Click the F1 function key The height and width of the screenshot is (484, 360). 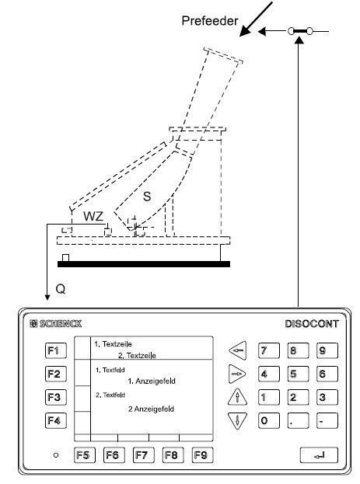click(x=56, y=350)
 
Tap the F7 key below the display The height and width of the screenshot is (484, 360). click(x=143, y=455)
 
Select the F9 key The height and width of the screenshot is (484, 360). click(x=202, y=455)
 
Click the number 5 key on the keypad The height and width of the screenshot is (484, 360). click(x=298, y=374)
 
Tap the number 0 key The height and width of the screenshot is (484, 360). click(x=269, y=420)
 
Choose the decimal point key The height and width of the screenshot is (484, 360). click(x=298, y=420)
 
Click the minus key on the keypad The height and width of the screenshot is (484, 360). click(x=327, y=420)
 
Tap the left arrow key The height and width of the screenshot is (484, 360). click(x=238, y=350)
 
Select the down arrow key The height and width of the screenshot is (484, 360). click(x=237, y=420)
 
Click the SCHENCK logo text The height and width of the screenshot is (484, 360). click(x=56, y=323)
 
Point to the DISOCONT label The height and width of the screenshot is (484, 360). click(x=312, y=324)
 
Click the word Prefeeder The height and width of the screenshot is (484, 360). click(x=210, y=21)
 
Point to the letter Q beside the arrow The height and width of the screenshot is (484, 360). click(x=61, y=289)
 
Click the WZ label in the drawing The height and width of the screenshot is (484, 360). click(x=93, y=216)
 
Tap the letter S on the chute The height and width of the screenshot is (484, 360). click(x=147, y=197)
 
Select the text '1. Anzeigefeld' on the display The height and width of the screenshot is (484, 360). click(x=152, y=381)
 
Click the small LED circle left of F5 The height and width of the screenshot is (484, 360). click(x=56, y=455)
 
